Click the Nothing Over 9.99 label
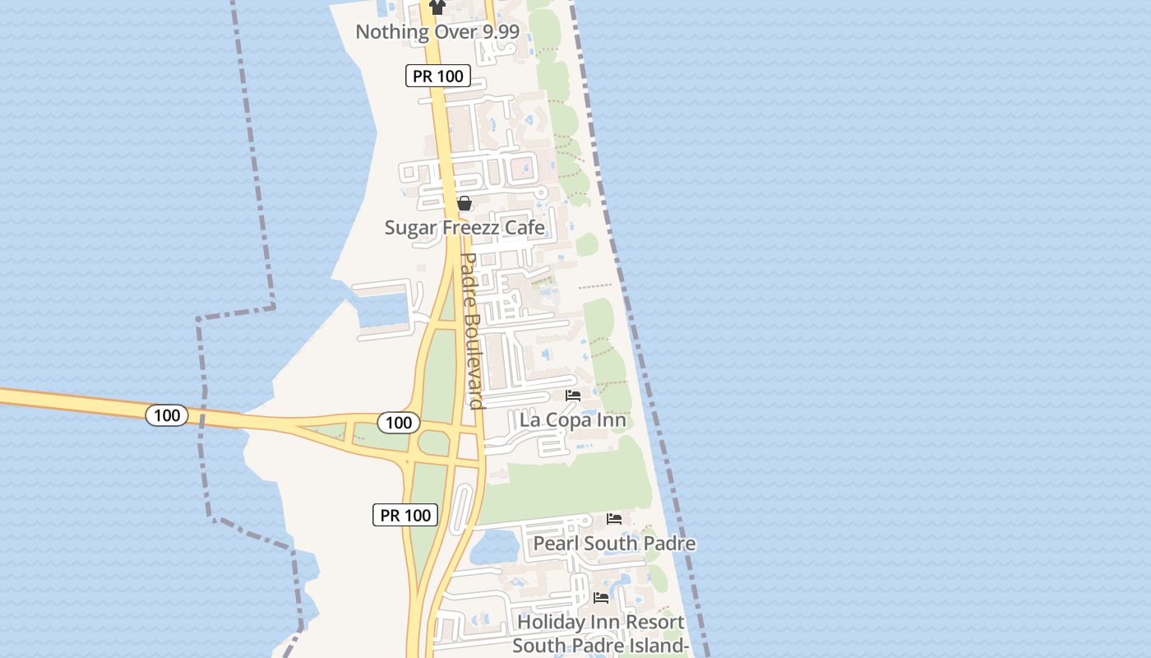[x=437, y=32]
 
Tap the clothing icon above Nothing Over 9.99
[x=437, y=7]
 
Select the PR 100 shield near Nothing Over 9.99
[x=439, y=76]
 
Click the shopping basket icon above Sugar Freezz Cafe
[x=465, y=203]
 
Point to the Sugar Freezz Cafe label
[x=465, y=228]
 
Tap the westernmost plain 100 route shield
[x=167, y=415]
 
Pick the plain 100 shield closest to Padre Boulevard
[x=399, y=423]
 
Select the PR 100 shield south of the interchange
[x=406, y=516]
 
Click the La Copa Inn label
[x=573, y=420]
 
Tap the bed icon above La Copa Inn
[x=573, y=396]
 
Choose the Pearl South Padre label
[x=614, y=544]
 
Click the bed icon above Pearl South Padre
[x=614, y=519]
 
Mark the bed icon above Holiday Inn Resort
[x=601, y=598]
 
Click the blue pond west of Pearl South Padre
[x=493, y=544]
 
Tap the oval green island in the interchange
[x=434, y=443]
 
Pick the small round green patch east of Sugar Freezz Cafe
[x=586, y=244]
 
